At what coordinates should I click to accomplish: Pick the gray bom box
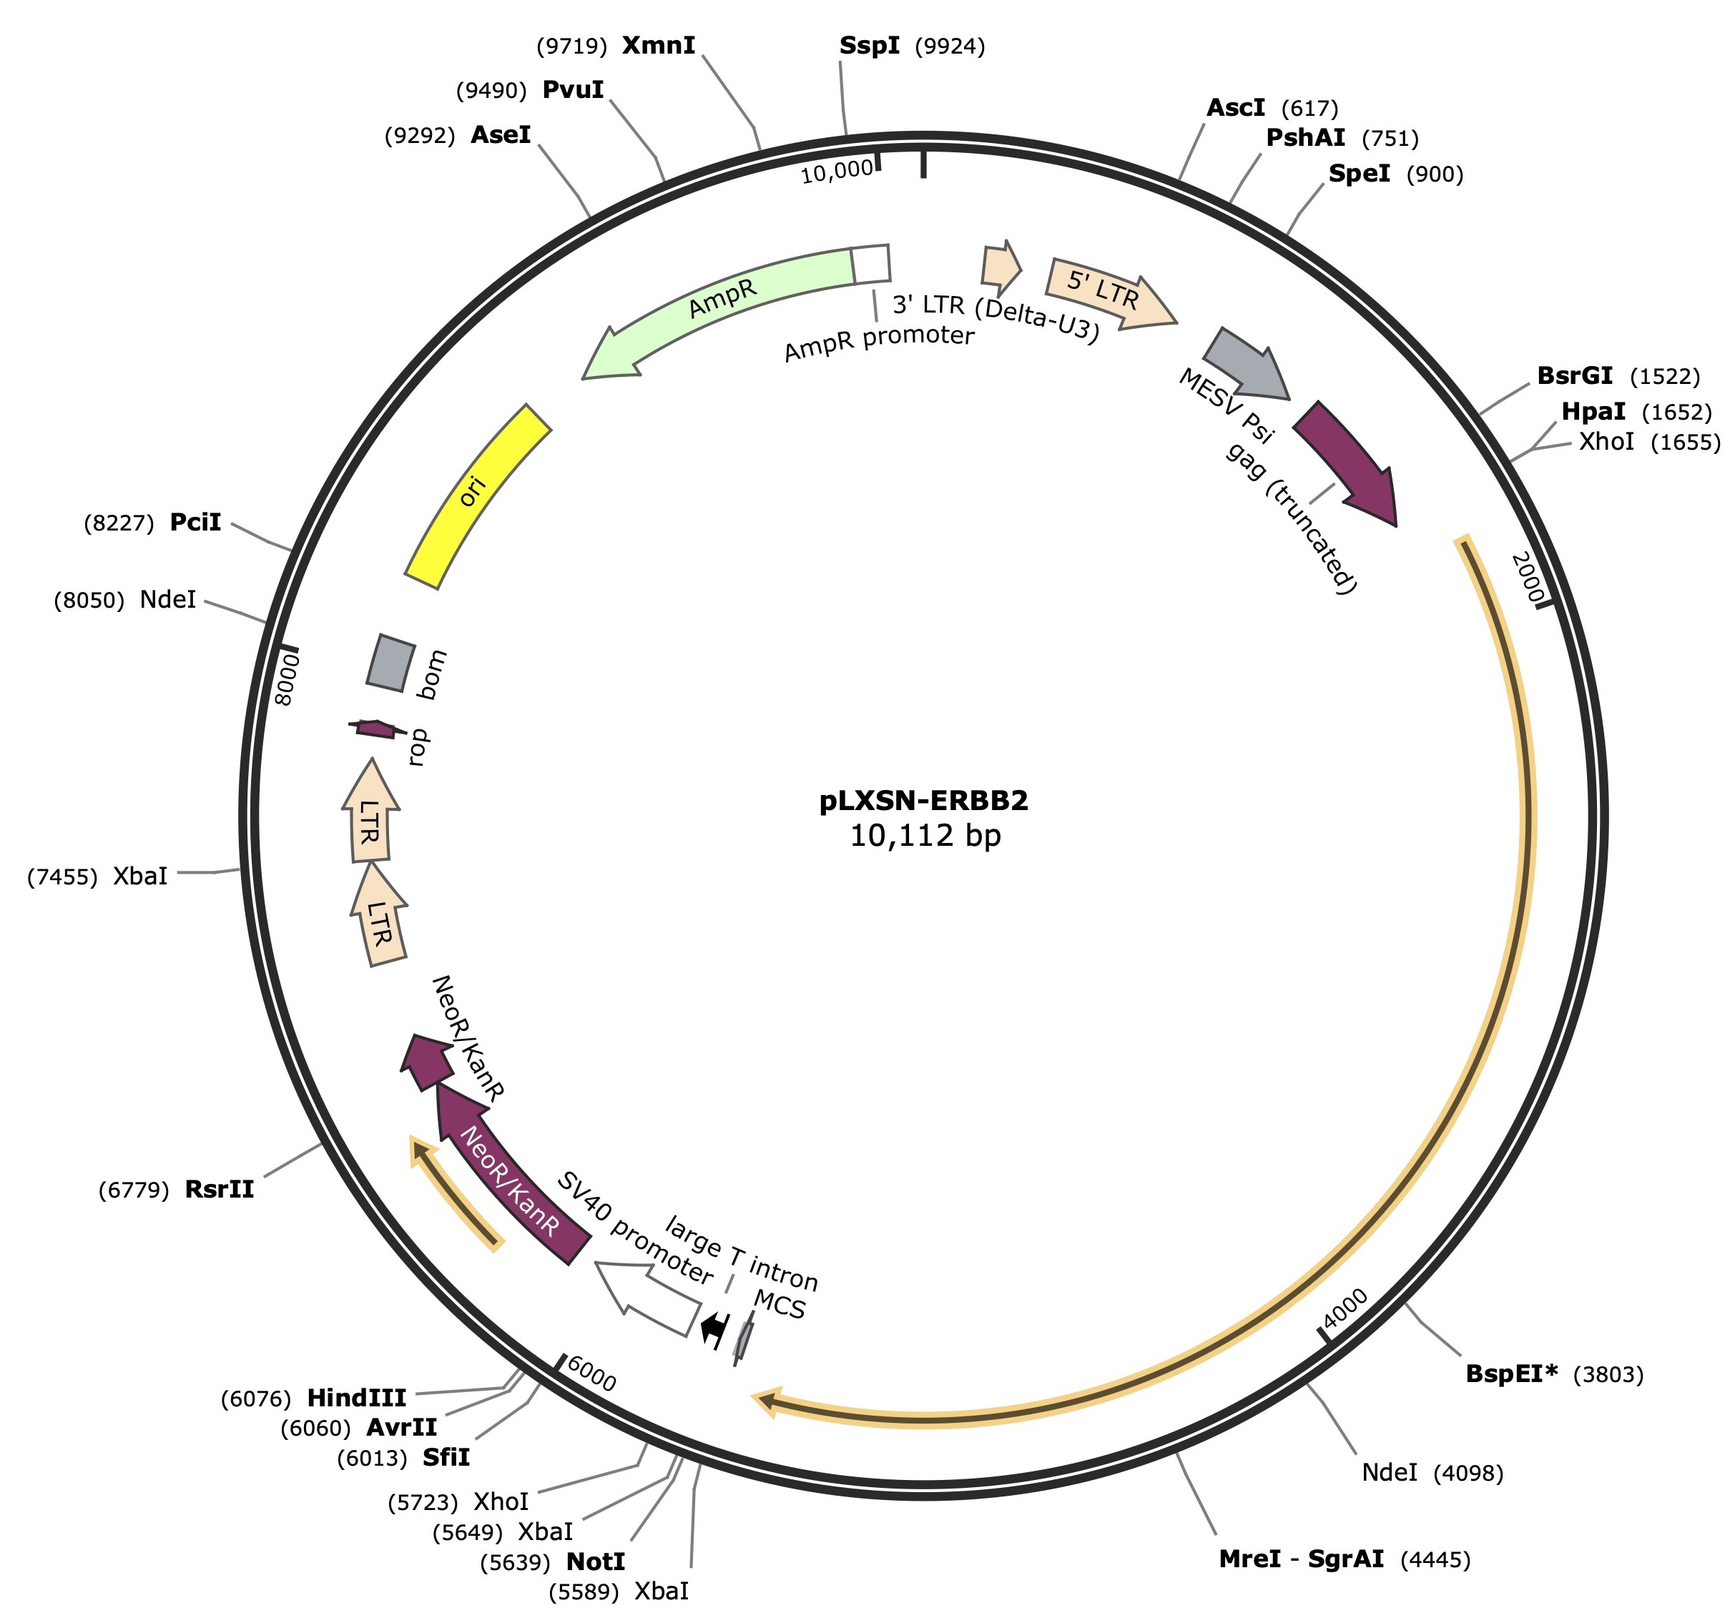(390, 663)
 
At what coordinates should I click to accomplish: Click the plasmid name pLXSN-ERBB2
(923, 800)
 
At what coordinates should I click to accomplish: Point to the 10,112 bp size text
(925, 836)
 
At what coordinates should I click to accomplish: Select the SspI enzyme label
(870, 45)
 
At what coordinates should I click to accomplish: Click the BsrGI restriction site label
(1574, 376)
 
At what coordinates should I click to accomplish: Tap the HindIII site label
(357, 1399)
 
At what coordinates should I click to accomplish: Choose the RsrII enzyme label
(220, 1189)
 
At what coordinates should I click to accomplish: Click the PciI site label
(196, 522)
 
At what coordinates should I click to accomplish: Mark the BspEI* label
(1512, 1373)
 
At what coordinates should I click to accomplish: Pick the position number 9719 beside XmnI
(571, 46)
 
